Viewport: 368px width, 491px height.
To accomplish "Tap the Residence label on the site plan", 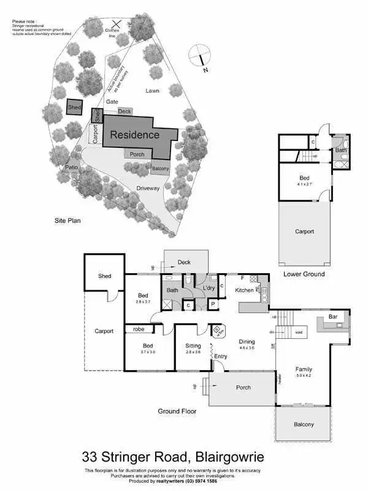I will coord(134,134).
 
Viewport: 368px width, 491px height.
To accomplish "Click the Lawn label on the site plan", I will coord(152,91).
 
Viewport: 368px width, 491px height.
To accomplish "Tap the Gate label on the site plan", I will coord(112,102).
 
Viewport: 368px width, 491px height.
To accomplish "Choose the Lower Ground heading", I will coord(305,274).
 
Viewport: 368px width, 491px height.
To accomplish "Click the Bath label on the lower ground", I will coord(340,150).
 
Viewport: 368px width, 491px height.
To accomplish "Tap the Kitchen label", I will coord(244,290).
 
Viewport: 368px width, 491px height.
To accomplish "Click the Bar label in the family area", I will coord(333,317).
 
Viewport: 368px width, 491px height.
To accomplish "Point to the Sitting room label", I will coord(193,346).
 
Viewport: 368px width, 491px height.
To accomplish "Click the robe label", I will coord(139,330).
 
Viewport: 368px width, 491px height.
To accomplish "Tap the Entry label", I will coord(221,356).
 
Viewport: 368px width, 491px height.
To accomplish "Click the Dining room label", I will coord(247,342).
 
